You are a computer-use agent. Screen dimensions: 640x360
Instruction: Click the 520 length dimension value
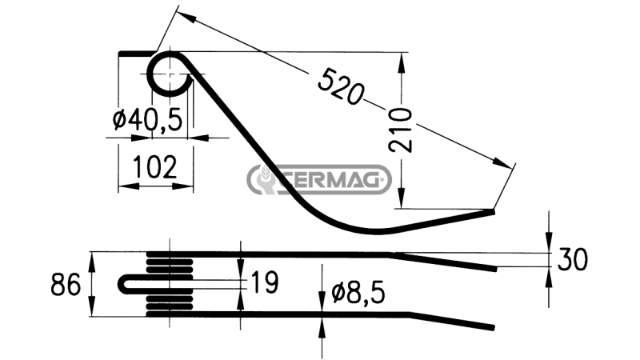click(x=340, y=86)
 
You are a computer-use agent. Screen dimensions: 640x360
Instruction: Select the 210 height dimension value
click(x=401, y=130)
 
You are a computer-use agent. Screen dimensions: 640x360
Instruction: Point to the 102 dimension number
click(x=155, y=167)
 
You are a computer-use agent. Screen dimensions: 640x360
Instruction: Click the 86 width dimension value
click(x=66, y=285)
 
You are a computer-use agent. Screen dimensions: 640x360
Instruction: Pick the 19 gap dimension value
click(x=265, y=282)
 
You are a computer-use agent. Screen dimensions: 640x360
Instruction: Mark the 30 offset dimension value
click(x=573, y=259)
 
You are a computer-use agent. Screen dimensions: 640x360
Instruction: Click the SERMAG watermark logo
click(x=318, y=179)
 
